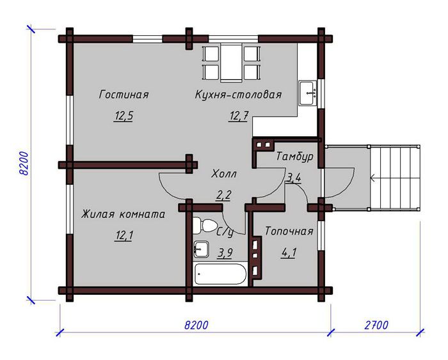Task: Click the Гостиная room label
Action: (124, 95)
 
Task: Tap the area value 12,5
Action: (124, 116)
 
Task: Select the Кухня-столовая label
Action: (238, 95)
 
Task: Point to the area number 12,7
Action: (239, 116)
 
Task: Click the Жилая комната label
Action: (123, 214)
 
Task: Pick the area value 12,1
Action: (124, 236)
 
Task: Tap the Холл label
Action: (224, 173)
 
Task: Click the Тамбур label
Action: (294, 157)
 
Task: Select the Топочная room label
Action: (289, 231)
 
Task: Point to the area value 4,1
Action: (289, 253)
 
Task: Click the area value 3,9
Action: (225, 253)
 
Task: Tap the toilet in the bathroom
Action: (205, 225)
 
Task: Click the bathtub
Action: (220, 274)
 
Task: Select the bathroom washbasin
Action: (202, 249)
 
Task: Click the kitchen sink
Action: (308, 93)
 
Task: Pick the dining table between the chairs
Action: (231, 63)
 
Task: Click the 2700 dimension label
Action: (376, 325)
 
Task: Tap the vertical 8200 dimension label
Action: (24, 164)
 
